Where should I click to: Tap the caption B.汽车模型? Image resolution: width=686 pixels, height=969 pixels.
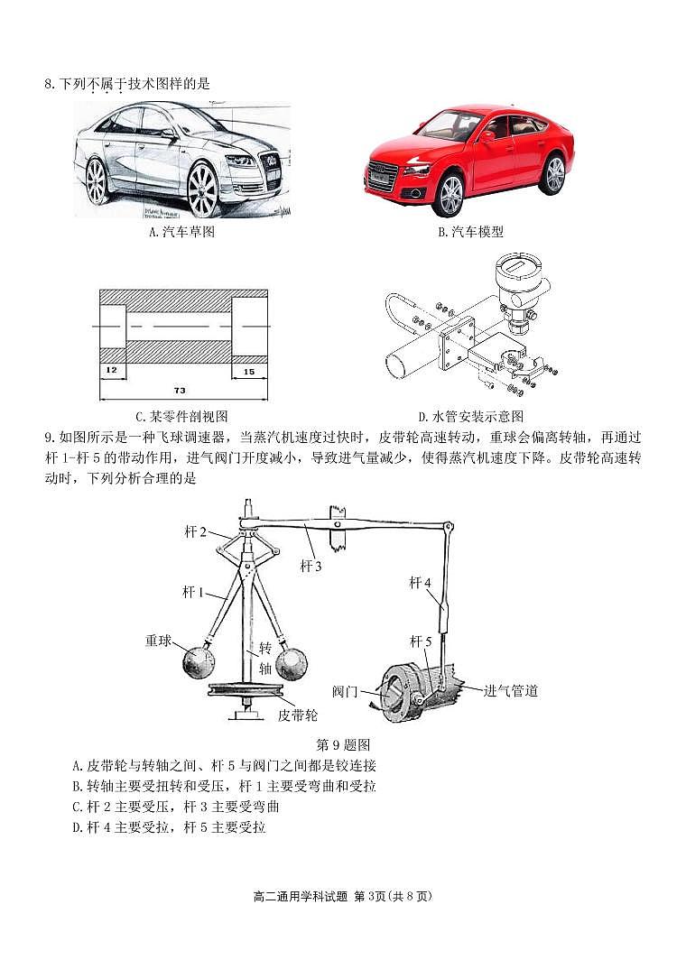(470, 232)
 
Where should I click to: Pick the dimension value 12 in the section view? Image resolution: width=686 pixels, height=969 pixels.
(110, 370)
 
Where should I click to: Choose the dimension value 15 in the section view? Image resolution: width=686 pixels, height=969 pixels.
(248, 370)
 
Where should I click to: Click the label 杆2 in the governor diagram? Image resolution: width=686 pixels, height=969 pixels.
(197, 531)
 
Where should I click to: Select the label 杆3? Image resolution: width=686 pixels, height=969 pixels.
(311, 566)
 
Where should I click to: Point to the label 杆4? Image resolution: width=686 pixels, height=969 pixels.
(421, 583)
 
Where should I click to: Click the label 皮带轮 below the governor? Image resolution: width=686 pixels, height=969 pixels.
(298, 715)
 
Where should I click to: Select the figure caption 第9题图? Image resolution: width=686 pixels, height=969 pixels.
(343, 744)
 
